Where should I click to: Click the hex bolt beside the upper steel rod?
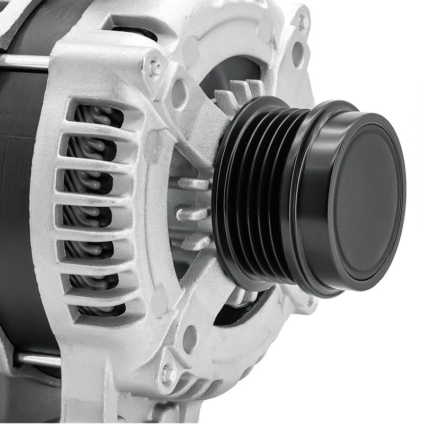(x=155, y=68)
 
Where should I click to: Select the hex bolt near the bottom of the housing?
(x=169, y=375)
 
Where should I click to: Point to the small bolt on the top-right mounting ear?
(x=303, y=22)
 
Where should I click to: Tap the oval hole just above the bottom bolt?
(x=189, y=339)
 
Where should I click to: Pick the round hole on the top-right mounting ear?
(x=298, y=54)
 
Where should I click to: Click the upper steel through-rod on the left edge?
(x=24, y=62)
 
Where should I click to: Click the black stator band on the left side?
(x=19, y=212)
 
